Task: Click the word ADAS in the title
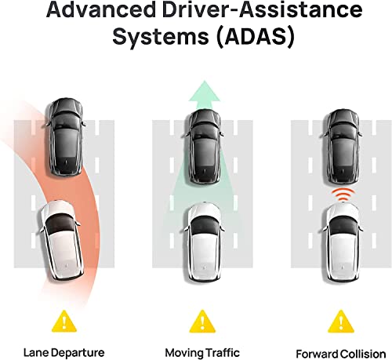[x=256, y=36]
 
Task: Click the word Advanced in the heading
[x=101, y=10]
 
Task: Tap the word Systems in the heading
[x=161, y=37]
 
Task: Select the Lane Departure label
[x=64, y=352]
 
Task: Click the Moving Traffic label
[x=202, y=352]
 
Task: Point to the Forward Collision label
[x=341, y=354]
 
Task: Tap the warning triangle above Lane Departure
[x=64, y=321]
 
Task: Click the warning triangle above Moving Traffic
[x=202, y=321]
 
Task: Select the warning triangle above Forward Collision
[x=341, y=321]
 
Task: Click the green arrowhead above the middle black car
[x=205, y=93]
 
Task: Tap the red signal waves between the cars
[x=343, y=195]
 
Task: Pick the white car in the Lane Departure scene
[x=62, y=241]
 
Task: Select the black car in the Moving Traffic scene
[x=205, y=147]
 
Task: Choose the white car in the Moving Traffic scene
[x=205, y=242]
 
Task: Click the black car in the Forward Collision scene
[x=343, y=147]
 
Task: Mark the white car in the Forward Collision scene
[x=343, y=242]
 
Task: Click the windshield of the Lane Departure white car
[x=60, y=224]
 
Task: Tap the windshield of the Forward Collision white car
[x=343, y=225]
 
